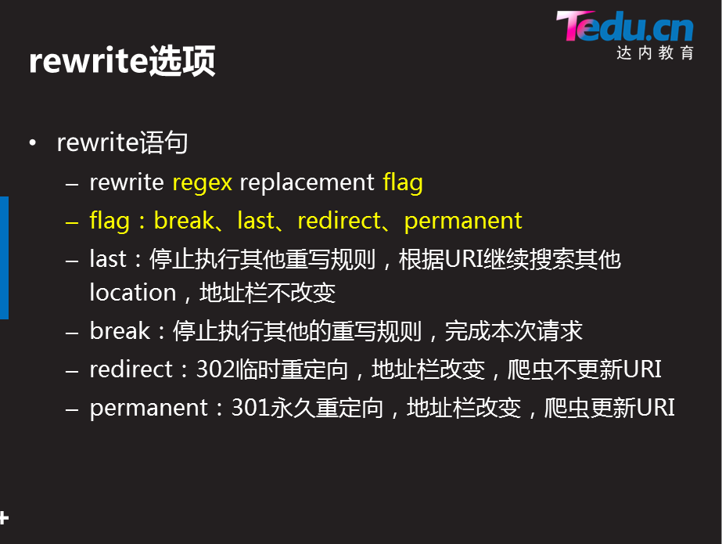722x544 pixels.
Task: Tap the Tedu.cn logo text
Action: coord(624,27)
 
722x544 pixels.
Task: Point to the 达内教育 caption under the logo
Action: coord(655,53)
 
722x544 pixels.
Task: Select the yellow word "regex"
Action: coord(202,183)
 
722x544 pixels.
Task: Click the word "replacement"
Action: coord(307,183)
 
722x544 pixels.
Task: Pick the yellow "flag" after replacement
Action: coord(403,183)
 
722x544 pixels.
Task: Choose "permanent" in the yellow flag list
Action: coord(462,222)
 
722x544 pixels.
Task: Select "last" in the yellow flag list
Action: coord(255,222)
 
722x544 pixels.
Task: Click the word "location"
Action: coord(133,293)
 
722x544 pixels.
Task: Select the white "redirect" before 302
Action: coord(128,369)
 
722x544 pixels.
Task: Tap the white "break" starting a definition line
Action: coord(119,331)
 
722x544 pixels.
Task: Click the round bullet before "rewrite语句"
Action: coord(32,144)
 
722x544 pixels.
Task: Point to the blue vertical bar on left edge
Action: coord(4,258)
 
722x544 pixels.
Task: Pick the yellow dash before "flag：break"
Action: coord(73,222)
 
